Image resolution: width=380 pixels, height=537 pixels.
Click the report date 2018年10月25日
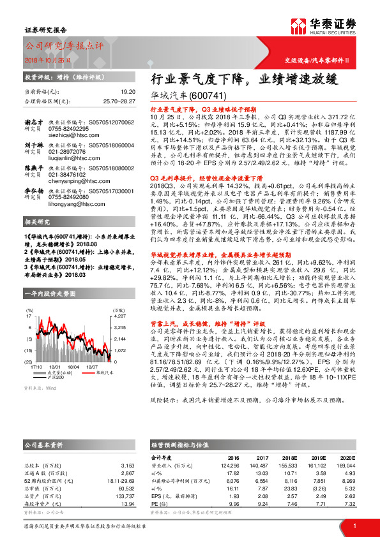point(43,59)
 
